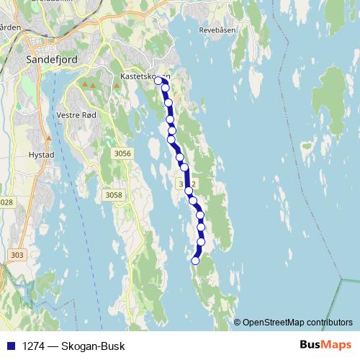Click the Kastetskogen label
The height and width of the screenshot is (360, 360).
click(144, 75)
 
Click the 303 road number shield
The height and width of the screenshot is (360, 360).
click(17, 255)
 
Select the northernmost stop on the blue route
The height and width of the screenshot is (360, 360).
click(158, 81)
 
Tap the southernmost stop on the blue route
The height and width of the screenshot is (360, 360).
click(195, 261)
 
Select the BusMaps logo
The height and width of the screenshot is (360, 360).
click(325, 345)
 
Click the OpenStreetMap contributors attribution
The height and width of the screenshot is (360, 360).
click(297, 322)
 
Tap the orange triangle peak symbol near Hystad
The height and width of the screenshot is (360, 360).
click(49, 137)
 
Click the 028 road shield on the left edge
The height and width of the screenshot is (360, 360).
click(6, 202)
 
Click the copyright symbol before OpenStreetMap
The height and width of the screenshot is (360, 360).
click(238, 322)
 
